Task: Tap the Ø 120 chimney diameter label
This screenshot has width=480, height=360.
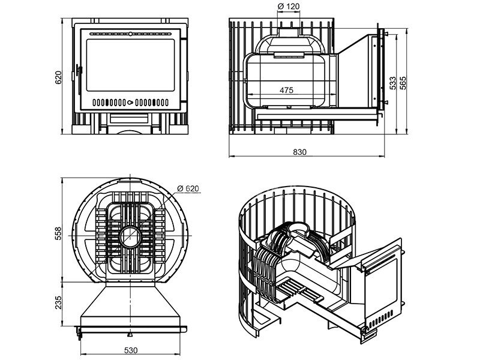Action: point(289,8)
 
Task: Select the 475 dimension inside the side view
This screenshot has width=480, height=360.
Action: point(286,91)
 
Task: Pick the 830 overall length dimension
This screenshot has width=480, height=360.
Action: point(300,152)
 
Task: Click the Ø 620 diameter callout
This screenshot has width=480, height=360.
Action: point(188,188)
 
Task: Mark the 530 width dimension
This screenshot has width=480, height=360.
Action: point(131,349)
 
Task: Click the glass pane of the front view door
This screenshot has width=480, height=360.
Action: point(132,64)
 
